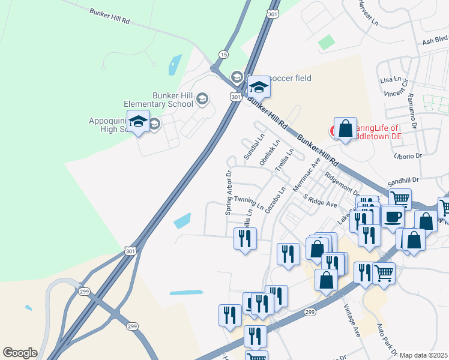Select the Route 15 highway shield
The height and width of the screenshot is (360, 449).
pos(223,55)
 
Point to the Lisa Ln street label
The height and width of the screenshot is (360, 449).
pos(390,80)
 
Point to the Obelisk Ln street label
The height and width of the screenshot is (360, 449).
pos(270,153)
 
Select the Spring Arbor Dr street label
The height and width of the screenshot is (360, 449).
pos(229,194)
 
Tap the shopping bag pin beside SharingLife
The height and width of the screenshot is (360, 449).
pos(345,128)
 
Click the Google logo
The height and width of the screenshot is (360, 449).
pos(20,353)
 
